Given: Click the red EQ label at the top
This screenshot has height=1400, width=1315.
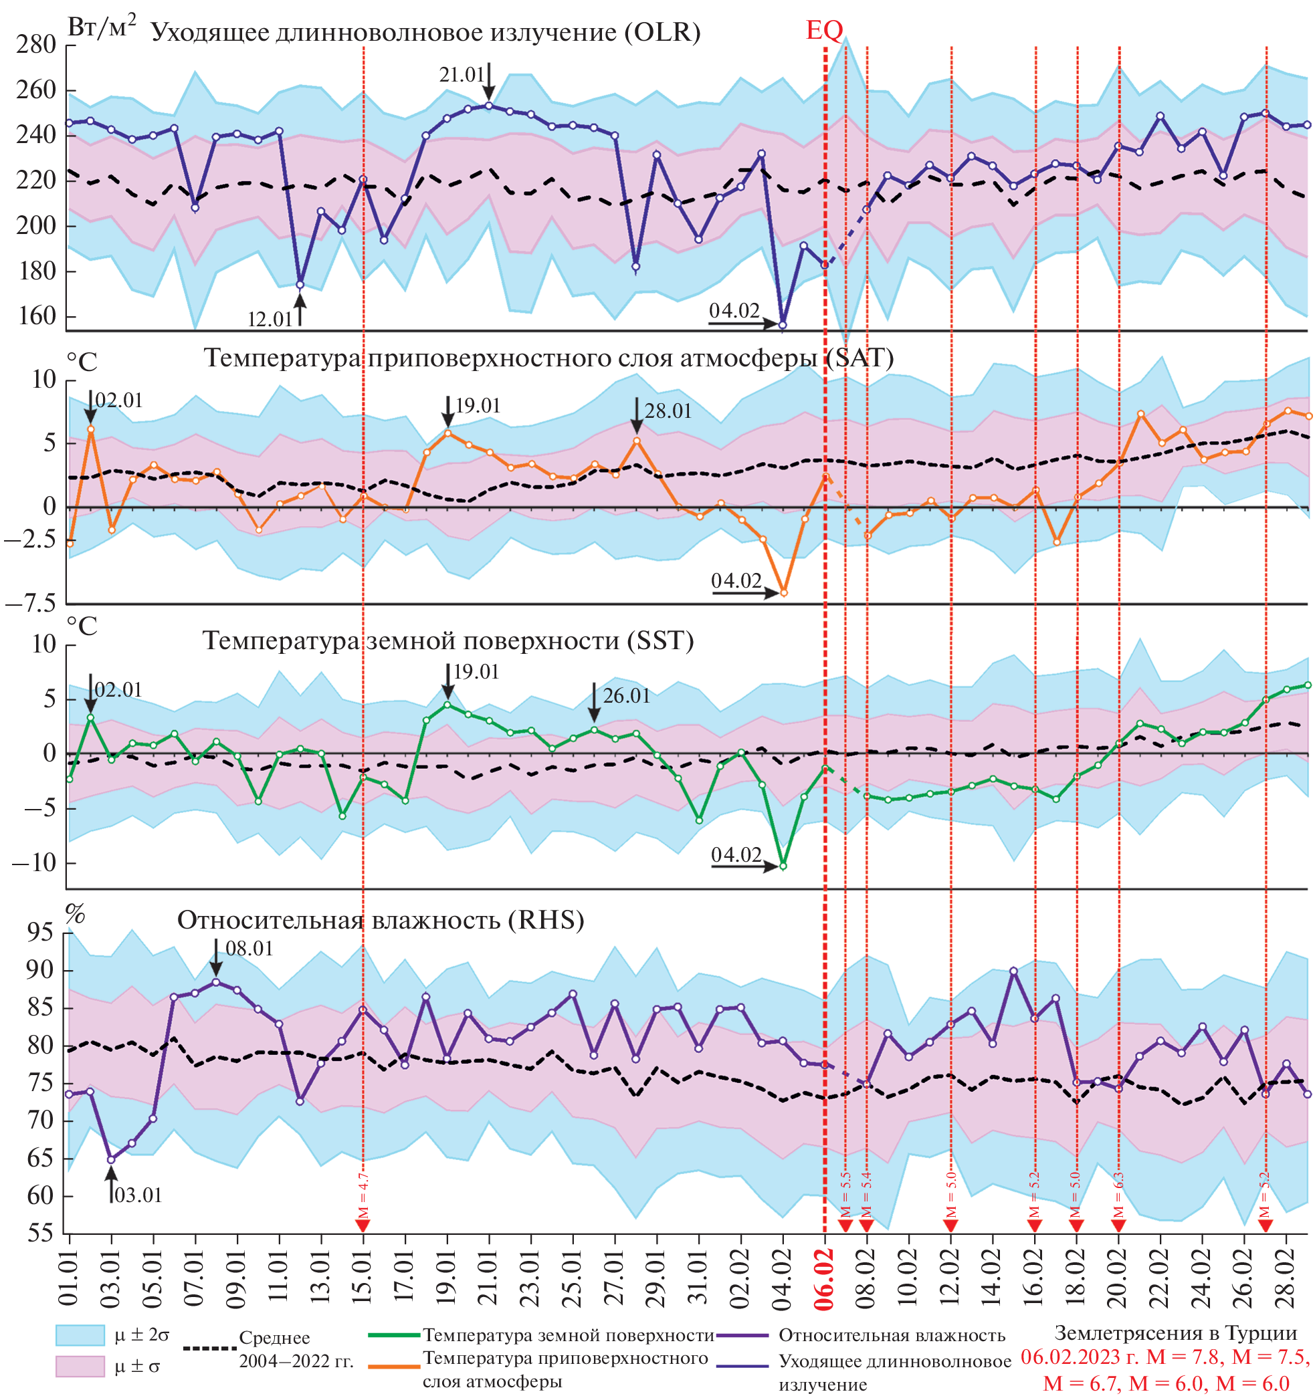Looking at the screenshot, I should coord(824,30).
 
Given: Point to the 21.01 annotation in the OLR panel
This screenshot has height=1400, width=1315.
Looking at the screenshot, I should coord(462,75).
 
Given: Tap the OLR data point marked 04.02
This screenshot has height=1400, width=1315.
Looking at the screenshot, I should coord(782,325).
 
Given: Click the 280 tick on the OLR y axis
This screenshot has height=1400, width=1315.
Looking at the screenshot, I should coord(36,45).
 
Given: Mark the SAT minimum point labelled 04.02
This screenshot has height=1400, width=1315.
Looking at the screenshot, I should coord(783,593).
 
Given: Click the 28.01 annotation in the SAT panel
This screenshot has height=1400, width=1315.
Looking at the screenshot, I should coord(668,411).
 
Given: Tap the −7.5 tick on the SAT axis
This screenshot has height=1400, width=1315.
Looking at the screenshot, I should coord(30,604).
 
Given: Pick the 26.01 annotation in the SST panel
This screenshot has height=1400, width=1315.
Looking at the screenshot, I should coord(626,696).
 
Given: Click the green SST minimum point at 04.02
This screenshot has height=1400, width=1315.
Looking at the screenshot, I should coord(783,866).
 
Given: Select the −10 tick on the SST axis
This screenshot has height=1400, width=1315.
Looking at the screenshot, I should coord(34,862).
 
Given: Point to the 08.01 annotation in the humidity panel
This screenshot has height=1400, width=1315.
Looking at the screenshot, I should coord(249,949).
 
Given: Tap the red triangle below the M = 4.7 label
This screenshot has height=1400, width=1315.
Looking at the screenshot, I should coord(363,1226).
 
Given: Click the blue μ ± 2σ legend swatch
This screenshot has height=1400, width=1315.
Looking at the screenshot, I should coord(80,1334).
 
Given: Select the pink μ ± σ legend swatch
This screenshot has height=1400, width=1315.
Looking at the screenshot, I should coord(80,1366).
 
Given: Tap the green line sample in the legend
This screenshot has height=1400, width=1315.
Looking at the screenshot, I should coord(394,1334).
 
